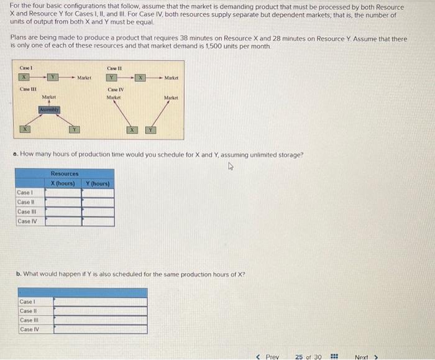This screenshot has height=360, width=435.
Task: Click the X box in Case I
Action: click(25, 77)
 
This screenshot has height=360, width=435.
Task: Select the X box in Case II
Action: click(141, 78)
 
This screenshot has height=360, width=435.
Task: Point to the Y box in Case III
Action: click(75, 129)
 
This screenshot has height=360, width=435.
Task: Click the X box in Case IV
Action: click(132, 129)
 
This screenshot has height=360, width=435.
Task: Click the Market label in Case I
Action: click(85, 78)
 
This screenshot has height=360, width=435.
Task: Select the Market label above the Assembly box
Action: click(48, 97)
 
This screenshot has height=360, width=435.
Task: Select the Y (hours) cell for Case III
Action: click(98, 211)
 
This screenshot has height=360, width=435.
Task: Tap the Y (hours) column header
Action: click(98, 183)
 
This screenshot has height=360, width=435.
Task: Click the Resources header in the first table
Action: click(65, 174)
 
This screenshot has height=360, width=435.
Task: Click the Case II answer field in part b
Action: click(100, 311)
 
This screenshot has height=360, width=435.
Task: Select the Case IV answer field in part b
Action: click(100, 330)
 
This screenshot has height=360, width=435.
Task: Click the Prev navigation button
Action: click(268, 356)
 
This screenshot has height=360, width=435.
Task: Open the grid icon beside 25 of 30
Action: click(334, 356)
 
